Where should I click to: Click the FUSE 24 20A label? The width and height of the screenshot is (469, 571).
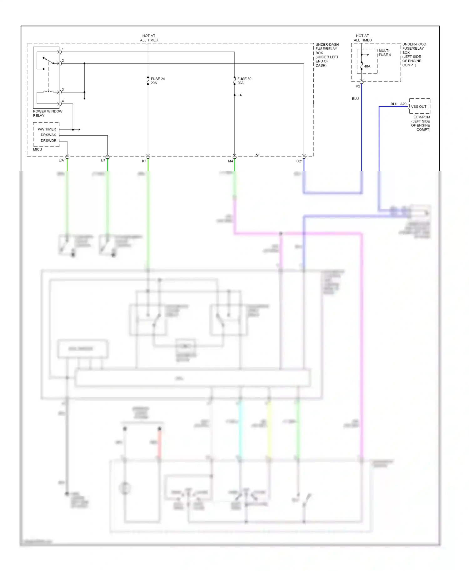click(x=157, y=81)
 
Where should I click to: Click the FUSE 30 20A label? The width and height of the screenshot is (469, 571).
click(x=244, y=81)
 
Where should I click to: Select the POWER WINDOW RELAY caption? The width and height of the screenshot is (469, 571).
click(x=48, y=113)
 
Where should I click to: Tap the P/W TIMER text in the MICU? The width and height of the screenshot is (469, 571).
click(x=47, y=129)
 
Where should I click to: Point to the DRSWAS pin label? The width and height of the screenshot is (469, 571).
click(x=48, y=135)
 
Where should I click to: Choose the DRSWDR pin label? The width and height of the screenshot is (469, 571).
click(x=48, y=141)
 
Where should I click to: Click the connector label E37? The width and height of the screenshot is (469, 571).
click(x=62, y=160)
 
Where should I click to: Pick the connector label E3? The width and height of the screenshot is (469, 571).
click(x=103, y=160)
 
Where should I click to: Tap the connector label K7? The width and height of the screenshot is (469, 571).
click(x=144, y=161)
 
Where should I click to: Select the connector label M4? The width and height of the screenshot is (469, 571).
click(x=230, y=161)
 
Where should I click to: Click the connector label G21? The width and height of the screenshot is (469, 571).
click(x=300, y=161)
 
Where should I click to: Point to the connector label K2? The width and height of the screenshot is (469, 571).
click(x=358, y=86)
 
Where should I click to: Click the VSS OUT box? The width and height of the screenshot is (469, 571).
click(x=419, y=107)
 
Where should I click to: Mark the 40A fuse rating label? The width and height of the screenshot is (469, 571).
click(x=367, y=67)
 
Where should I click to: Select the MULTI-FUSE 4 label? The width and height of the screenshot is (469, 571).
click(x=385, y=53)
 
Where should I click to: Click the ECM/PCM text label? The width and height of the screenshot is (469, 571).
click(x=421, y=117)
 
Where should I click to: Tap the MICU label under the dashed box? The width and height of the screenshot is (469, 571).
click(x=38, y=149)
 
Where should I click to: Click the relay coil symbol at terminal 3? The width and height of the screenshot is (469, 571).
click(x=48, y=92)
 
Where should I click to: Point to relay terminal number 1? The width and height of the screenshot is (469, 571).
click(x=63, y=49)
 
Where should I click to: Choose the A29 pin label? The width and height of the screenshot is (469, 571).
click(x=403, y=104)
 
